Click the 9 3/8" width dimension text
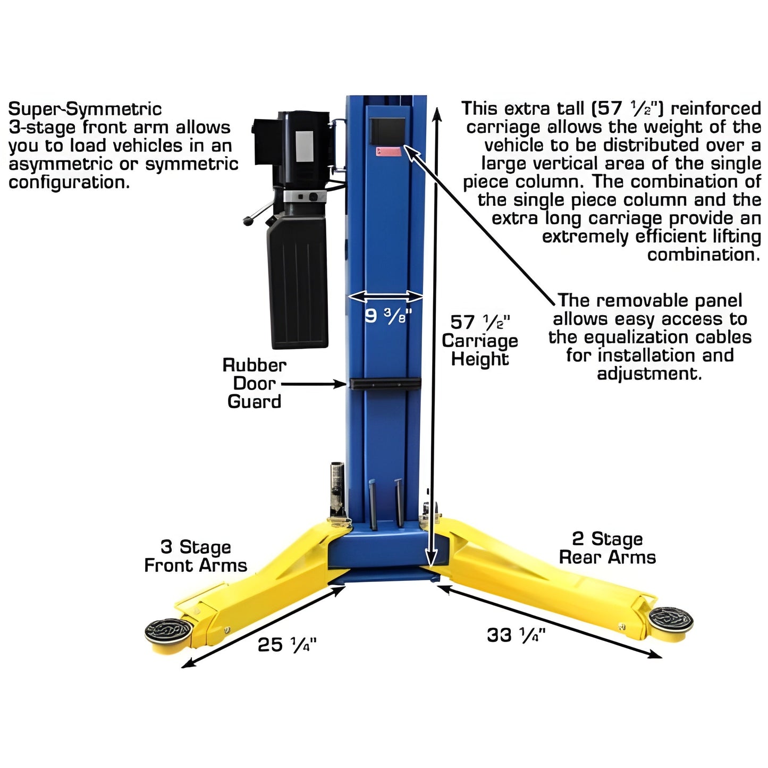pyautogui.click(x=387, y=316)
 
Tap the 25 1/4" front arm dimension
pyautogui.click(x=286, y=645)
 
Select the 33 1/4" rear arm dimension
pyautogui.click(x=516, y=635)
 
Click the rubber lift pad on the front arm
pyautogui.click(x=168, y=631)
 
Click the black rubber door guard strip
pyautogui.click(x=385, y=383)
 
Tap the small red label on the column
pyautogui.click(x=389, y=151)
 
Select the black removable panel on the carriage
pyautogui.click(x=387, y=131)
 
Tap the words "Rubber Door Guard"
pyautogui.click(x=254, y=383)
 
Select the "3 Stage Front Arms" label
pyautogui.click(x=196, y=556)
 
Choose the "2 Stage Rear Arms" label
pyautogui.click(x=607, y=548)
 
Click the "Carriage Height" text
pyautogui.click(x=479, y=350)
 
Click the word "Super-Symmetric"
pyautogui.click(x=85, y=109)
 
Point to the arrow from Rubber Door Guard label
pyautogui.click(x=313, y=383)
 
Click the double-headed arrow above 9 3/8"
pyautogui.click(x=385, y=296)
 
